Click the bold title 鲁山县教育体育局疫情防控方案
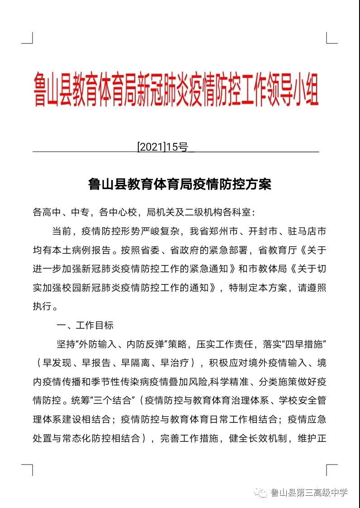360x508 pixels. [x=180, y=185]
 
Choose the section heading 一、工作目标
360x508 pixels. [x=84, y=325]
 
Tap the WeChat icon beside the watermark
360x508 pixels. [x=262, y=493]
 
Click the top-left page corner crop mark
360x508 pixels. [x=28, y=38]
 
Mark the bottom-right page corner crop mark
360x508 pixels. [x=332, y=470]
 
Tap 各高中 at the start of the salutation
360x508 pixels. [x=45, y=212]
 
